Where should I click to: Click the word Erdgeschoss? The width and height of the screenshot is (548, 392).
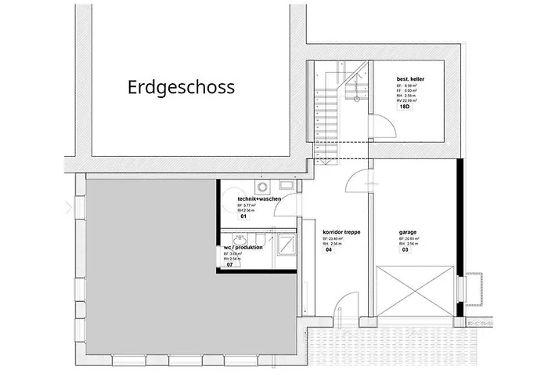(181, 86)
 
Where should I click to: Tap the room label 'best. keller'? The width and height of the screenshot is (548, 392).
(413, 78)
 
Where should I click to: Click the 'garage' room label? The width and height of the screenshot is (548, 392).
(407, 232)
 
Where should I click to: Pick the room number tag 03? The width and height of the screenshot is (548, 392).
(405, 251)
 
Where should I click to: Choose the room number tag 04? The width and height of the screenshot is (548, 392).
(328, 251)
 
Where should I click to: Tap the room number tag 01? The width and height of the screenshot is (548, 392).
(233, 216)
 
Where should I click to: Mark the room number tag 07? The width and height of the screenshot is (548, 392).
(230, 265)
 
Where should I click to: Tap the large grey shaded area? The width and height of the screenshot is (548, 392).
(149, 267)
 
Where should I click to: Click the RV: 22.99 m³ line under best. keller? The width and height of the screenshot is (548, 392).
(407, 101)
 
